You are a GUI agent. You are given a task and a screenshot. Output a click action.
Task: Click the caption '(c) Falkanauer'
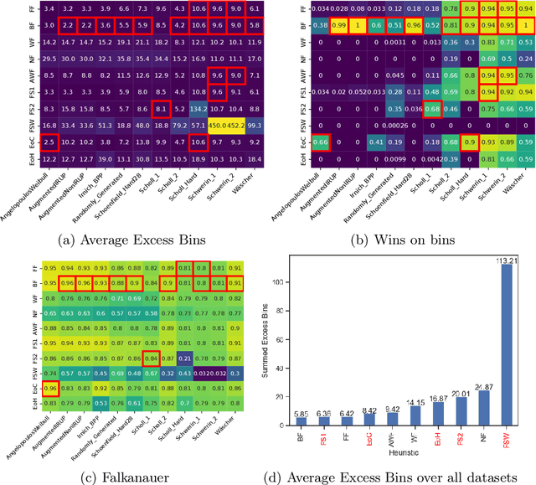[x=134, y=477]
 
